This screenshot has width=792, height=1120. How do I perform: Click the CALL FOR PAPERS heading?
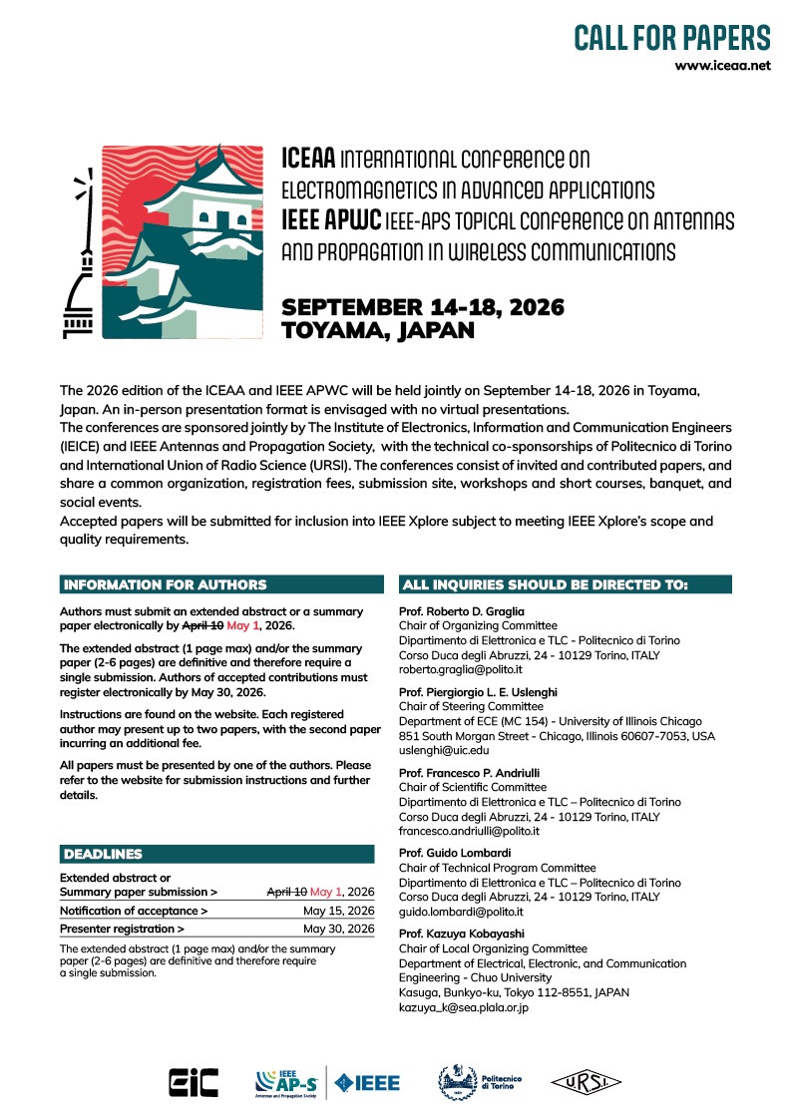pyautogui.click(x=671, y=38)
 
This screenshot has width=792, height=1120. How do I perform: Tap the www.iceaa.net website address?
pyautogui.click(x=722, y=66)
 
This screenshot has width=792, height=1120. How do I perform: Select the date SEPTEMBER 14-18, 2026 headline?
pyautogui.click(x=423, y=306)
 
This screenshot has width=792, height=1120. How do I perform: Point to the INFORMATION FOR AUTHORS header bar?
pyautogui.click(x=165, y=584)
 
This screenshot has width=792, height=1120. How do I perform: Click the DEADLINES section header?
pyautogui.click(x=103, y=854)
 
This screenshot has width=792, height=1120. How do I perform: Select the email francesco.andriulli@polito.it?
pyautogui.click(x=469, y=831)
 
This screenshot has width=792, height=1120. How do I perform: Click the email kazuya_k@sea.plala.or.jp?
pyautogui.click(x=463, y=1008)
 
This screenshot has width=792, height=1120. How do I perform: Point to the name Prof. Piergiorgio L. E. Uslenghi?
pyautogui.click(x=480, y=690)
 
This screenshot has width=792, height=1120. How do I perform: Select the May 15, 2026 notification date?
pyautogui.click(x=339, y=911)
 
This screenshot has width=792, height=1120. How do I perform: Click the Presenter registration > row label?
pyautogui.click(x=122, y=929)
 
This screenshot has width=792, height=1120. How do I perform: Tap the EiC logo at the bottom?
pyautogui.click(x=189, y=1082)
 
